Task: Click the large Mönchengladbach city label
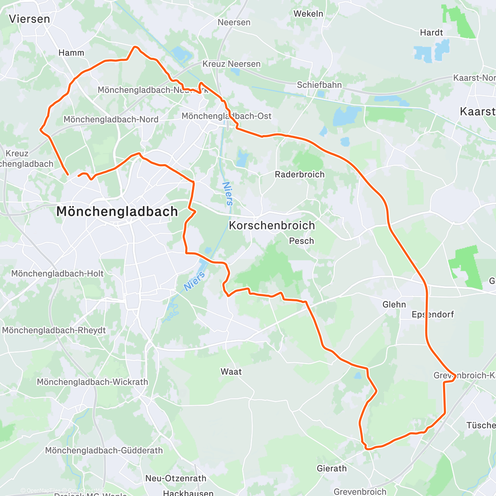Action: click(117, 212)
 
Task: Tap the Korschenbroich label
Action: click(272, 225)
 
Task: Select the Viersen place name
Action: click(29, 19)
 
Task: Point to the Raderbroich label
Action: click(300, 174)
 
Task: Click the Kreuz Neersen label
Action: click(231, 64)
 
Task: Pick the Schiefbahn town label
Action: click(320, 85)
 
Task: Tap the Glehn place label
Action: click(394, 305)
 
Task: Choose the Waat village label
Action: click(231, 372)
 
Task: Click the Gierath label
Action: click(331, 468)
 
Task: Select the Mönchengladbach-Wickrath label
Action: click(93, 382)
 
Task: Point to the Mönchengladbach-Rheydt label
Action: click(54, 330)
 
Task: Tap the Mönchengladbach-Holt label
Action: click(57, 274)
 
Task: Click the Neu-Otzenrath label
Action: click(176, 478)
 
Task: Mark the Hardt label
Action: click(431, 33)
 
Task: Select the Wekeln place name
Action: click(308, 14)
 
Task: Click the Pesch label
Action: click(301, 241)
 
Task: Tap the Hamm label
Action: click(71, 53)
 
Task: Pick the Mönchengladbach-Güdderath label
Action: click(104, 451)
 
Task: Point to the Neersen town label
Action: click(234, 22)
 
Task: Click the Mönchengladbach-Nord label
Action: click(111, 119)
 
